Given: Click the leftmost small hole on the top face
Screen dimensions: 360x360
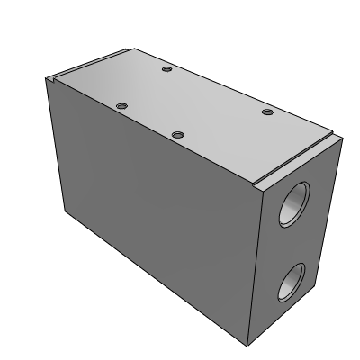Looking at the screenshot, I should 121,106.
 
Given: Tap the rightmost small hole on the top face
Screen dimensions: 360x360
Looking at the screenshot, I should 267,112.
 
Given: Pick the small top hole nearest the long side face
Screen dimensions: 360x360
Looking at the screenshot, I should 178,135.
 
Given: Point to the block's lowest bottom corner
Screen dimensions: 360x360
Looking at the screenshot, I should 248,346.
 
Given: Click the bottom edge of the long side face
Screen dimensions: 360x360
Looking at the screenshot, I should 153,279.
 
